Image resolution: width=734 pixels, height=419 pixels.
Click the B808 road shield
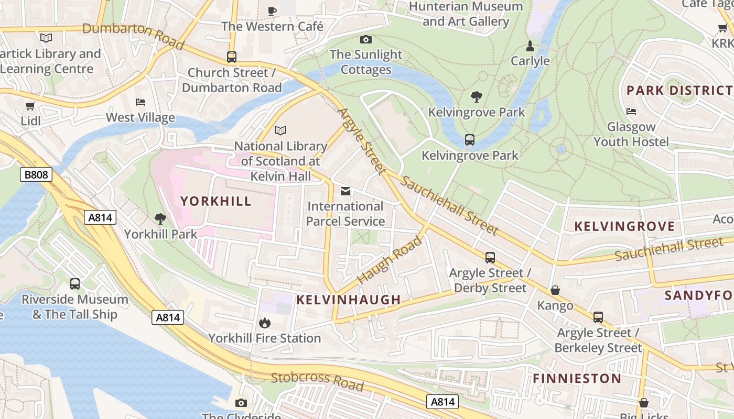point(36,174)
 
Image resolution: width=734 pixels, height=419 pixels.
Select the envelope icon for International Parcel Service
point(346,191)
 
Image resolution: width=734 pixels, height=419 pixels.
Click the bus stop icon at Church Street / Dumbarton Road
point(232,57)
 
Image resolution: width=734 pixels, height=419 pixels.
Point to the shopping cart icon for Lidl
point(30,106)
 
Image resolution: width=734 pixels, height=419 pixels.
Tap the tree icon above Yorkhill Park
point(160,219)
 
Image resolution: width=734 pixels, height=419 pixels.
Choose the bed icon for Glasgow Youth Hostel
point(631,112)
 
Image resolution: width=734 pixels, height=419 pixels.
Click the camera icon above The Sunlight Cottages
point(366,39)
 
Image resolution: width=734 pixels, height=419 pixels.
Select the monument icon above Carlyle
point(530,46)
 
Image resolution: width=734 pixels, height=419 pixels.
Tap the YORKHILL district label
point(216,201)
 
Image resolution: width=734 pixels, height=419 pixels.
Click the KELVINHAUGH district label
point(349,300)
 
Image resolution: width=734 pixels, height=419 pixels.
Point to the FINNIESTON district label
point(577,378)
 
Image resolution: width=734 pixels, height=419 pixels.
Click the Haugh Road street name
point(390,260)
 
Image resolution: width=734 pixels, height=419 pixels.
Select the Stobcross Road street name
point(317,381)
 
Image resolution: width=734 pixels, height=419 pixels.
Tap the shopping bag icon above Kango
point(555,290)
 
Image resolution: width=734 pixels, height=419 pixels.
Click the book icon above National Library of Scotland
point(281,130)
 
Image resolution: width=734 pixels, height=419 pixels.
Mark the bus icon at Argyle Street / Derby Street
point(490,258)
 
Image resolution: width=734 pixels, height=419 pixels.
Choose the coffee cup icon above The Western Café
point(272,11)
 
